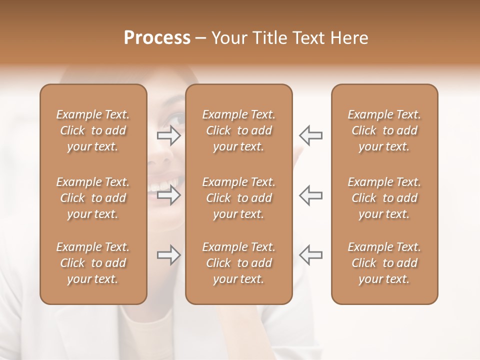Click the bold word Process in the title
click(157, 38)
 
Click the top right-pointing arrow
click(169, 135)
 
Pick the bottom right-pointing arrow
click(169, 255)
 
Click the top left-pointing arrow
click(310, 135)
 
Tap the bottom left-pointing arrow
click(310, 255)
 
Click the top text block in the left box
click(93, 130)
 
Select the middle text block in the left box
click(93, 198)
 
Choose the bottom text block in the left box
click(93, 263)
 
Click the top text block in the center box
click(238, 130)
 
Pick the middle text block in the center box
click(238, 198)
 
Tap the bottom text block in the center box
click(238, 263)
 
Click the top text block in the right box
click(384, 130)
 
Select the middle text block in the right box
click(384, 198)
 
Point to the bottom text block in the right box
click(384, 263)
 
